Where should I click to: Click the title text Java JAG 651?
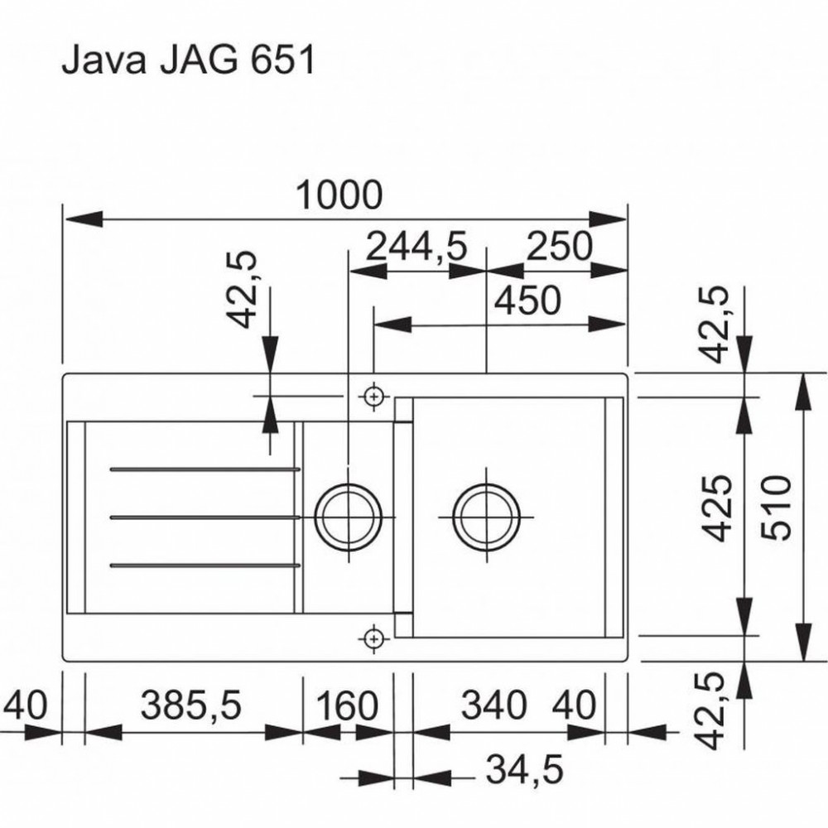(x=188, y=59)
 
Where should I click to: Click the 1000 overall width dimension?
(x=339, y=195)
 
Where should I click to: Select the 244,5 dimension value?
(x=416, y=246)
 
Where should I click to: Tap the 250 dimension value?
(x=560, y=246)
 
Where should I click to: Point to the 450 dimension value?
(x=527, y=301)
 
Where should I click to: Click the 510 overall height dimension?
(x=777, y=508)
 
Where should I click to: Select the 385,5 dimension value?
(x=190, y=705)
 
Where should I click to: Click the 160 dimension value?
(x=347, y=705)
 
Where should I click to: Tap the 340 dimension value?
(x=493, y=705)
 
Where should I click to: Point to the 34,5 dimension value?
(x=524, y=769)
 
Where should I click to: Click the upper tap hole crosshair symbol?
(x=374, y=396)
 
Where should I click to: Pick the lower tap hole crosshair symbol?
(x=374, y=639)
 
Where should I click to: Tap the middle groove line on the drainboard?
(x=205, y=517)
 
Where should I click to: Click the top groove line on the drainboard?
(x=205, y=469)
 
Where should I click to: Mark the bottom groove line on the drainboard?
(x=205, y=566)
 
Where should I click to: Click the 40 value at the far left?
(x=25, y=705)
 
